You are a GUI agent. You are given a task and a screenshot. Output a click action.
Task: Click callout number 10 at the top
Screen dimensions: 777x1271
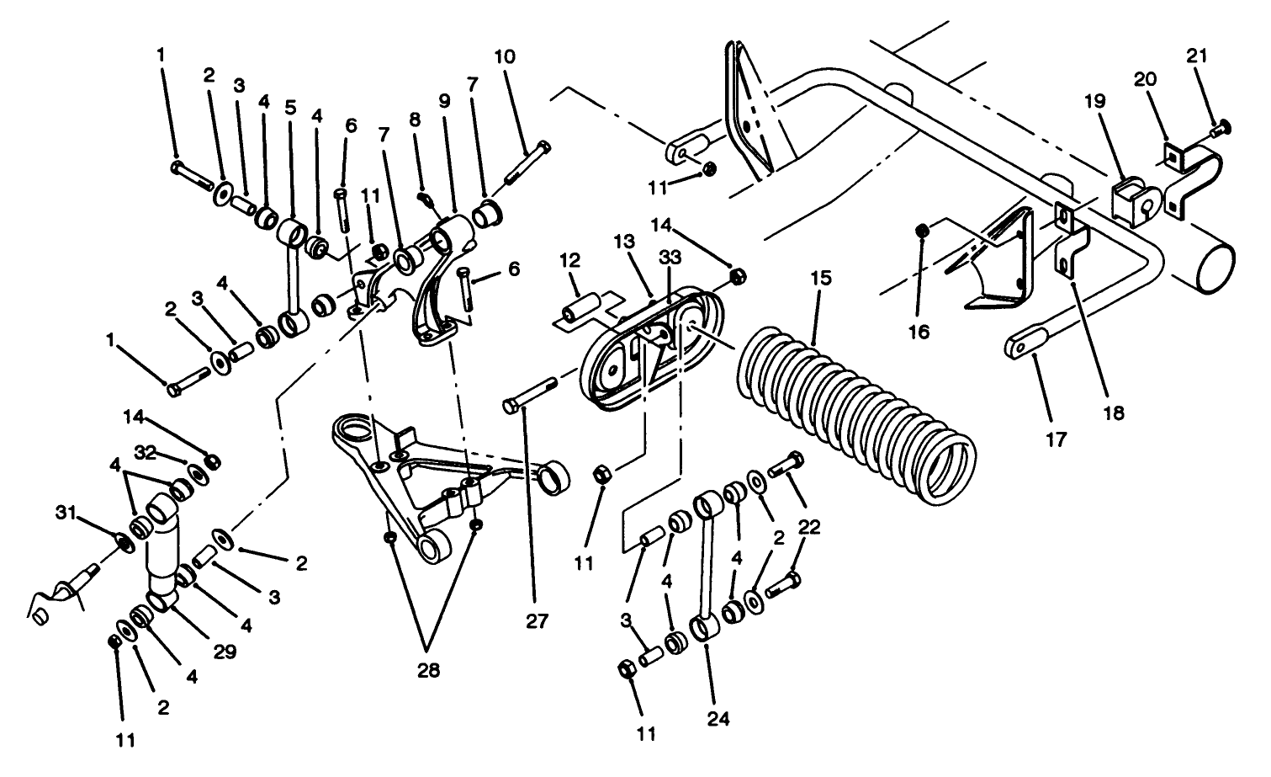pyautogui.click(x=505, y=58)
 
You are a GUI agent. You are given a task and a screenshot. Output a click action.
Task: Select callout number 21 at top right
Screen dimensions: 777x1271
pyautogui.click(x=1197, y=56)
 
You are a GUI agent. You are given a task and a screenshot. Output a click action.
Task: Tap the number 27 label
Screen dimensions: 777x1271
pyautogui.click(x=537, y=622)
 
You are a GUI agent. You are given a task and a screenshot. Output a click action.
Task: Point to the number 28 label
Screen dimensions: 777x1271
pyautogui.click(x=427, y=670)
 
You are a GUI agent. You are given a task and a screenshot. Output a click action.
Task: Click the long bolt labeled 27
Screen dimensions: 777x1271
pyautogui.click(x=530, y=396)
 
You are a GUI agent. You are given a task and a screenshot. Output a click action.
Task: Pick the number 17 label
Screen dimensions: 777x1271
pyautogui.click(x=1057, y=439)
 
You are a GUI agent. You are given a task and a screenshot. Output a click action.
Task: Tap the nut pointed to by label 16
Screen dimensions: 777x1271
pyautogui.click(x=923, y=228)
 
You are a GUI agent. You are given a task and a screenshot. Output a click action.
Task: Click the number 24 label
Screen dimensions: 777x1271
pyautogui.click(x=718, y=720)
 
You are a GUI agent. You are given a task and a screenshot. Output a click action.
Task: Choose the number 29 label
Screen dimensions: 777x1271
pyautogui.click(x=225, y=651)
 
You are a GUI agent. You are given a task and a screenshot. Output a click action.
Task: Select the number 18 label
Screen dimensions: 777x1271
pyautogui.click(x=1116, y=412)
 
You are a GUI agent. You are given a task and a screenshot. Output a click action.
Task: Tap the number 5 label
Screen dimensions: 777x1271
pyautogui.click(x=290, y=107)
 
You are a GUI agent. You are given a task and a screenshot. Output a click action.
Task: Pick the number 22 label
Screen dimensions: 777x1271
pyautogui.click(x=808, y=527)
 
